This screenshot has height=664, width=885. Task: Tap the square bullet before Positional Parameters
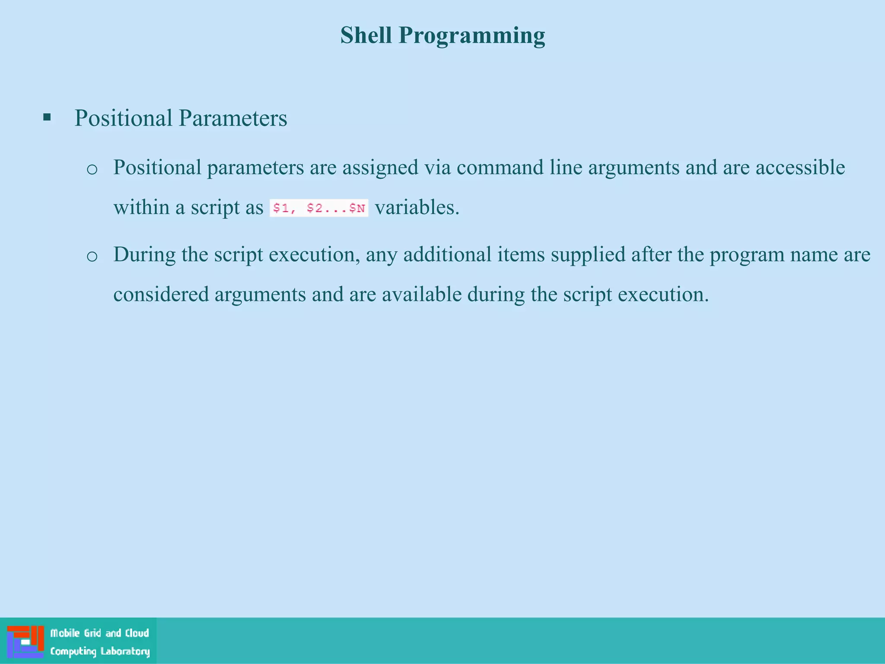pyautogui.click(x=47, y=117)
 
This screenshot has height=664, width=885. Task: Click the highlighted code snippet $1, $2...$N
pyautogui.click(x=319, y=208)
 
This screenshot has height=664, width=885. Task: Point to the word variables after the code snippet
pyautogui.click(x=417, y=207)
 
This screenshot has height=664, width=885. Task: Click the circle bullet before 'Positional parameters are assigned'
pyautogui.click(x=92, y=169)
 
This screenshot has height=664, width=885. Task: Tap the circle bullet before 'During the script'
pyautogui.click(x=92, y=256)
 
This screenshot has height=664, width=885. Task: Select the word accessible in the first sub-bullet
pyautogui.click(x=800, y=167)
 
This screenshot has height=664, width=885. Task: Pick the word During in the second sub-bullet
pyautogui.click(x=144, y=254)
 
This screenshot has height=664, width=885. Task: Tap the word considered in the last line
pyautogui.click(x=161, y=294)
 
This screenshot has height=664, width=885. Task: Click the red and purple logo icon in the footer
pyautogui.click(x=25, y=641)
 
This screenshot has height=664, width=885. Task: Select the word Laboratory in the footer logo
pyautogui.click(x=125, y=651)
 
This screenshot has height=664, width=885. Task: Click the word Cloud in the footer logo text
pyautogui.click(x=137, y=633)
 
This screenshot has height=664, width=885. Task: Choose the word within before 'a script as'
pyautogui.click(x=141, y=207)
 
